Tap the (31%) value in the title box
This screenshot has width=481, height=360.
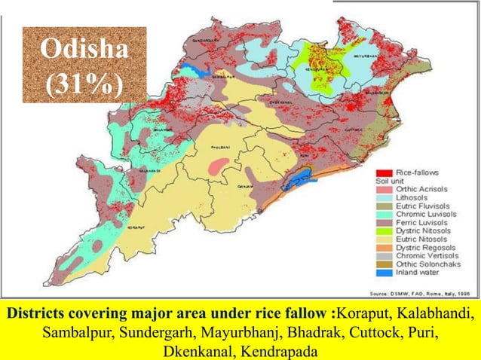point(83,83)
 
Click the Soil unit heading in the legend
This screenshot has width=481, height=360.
point(391,182)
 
